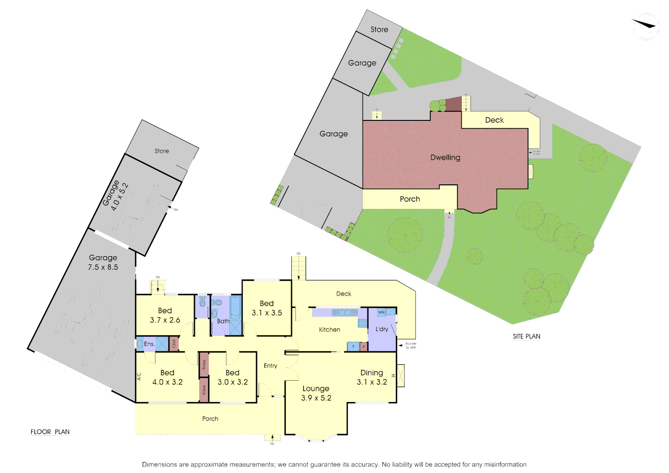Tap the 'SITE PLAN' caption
tap(526, 336)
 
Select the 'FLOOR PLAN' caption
tap(50, 432)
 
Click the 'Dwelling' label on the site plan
tap(445, 158)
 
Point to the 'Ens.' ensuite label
tap(149, 344)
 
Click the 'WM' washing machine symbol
tap(381, 312)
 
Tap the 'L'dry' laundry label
tap(382, 329)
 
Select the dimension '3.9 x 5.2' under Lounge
tap(316, 398)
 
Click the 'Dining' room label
tap(372, 373)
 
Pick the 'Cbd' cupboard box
tap(174, 344)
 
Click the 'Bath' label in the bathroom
tap(223, 321)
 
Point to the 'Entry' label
tap(271, 366)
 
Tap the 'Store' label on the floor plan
tap(162, 151)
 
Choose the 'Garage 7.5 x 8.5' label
tap(103, 262)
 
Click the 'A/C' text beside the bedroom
tap(139, 376)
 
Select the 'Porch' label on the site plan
tap(410, 199)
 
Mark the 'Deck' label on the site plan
tap(494, 120)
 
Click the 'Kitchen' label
tap(329, 330)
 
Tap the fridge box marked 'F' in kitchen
tap(353, 346)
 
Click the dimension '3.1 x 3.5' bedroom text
tap(267, 313)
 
